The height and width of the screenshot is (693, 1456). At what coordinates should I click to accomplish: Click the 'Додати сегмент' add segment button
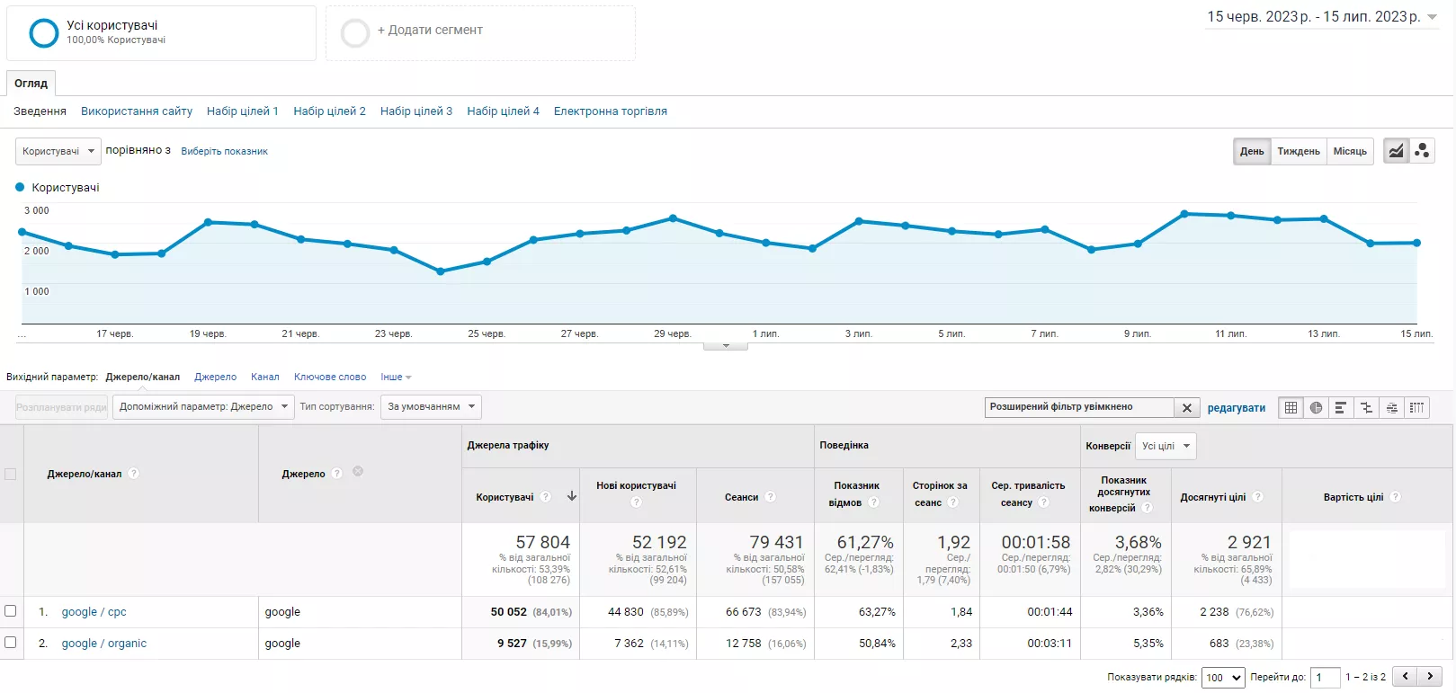point(430,31)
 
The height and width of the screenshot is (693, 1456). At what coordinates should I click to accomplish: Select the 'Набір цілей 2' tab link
point(329,111)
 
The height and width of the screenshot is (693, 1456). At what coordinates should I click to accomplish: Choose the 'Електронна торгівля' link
point(611,111)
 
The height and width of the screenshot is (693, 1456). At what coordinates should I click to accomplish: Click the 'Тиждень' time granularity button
point(1298,151)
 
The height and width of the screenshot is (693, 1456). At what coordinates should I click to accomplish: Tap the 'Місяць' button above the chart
point(1350,151)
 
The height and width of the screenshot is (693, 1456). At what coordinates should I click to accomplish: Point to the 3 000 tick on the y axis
point(36,210)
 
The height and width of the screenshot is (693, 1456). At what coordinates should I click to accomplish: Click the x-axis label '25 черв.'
point(487,333)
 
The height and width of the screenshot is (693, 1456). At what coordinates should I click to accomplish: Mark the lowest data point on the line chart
point(441,271)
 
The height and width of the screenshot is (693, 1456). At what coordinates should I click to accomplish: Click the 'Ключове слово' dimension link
point(329,377)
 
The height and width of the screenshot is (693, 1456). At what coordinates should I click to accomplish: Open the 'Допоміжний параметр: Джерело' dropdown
point(203,406)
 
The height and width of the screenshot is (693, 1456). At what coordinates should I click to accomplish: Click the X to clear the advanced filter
point(1187,408)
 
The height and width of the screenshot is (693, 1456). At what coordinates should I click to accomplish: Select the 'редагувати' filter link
point(1237,408)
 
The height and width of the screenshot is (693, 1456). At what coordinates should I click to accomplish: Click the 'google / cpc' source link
point(94,612)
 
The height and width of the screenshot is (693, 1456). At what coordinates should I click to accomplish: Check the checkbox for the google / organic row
point(11,643)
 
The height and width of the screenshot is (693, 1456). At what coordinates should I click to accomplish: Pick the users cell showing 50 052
point(508,612)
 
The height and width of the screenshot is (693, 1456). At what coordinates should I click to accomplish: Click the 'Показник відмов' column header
point(857,493)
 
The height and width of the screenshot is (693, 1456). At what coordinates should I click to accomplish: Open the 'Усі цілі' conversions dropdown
point(1166,446)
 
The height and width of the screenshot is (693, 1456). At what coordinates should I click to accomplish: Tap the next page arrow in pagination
point(1429,676)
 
